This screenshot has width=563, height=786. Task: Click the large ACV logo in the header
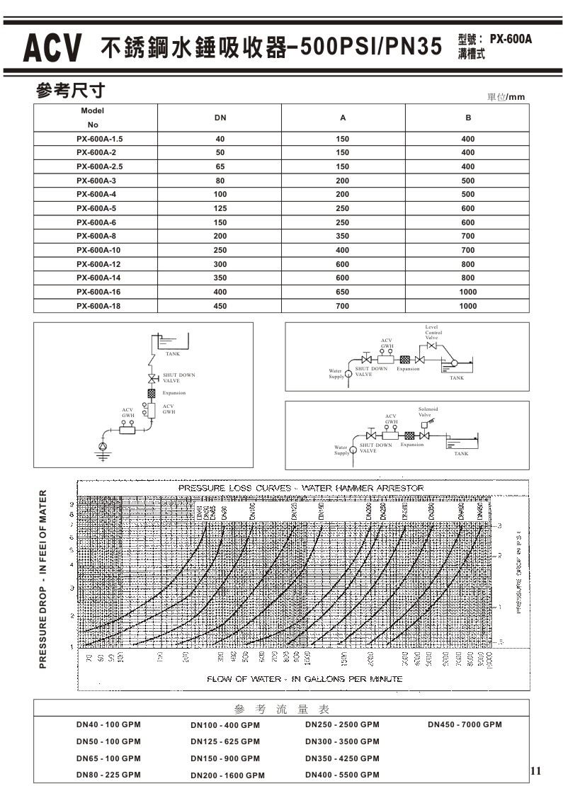coord(52,48)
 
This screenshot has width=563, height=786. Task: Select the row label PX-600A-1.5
coord(104,139)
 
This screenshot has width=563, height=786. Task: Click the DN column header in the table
coord(220,118)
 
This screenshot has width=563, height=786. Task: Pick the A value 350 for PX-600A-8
coord(343,236)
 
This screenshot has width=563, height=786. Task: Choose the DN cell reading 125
coord(220,208)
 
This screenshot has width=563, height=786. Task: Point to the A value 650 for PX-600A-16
coord(343,292)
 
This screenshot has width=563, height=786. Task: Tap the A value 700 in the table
coord(343,306)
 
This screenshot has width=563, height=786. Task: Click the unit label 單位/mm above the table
coord(506,97)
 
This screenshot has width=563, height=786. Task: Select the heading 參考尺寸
coord(70,91)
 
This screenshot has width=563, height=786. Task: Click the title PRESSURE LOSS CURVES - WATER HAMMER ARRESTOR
coord(301,488)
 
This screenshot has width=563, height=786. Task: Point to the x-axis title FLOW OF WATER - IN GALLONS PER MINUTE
coord(305,678)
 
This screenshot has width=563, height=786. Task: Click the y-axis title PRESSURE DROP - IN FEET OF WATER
coord(43,579)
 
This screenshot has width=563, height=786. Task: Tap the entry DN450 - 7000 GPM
coord(465,724)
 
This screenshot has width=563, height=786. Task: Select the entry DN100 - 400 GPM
coord(225,725)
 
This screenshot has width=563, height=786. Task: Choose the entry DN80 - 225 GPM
coord(108,775)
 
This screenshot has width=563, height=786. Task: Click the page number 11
coord(535,770)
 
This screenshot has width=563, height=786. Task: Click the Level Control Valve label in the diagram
coord(433,333)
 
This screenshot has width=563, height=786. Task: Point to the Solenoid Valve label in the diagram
coord(428,412)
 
